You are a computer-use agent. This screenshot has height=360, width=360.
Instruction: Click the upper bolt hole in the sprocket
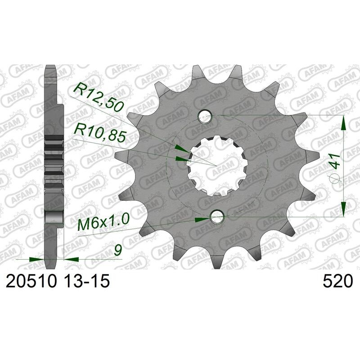[x=205, y=116]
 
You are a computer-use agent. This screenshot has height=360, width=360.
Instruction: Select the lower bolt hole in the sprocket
[x=217, y=216]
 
